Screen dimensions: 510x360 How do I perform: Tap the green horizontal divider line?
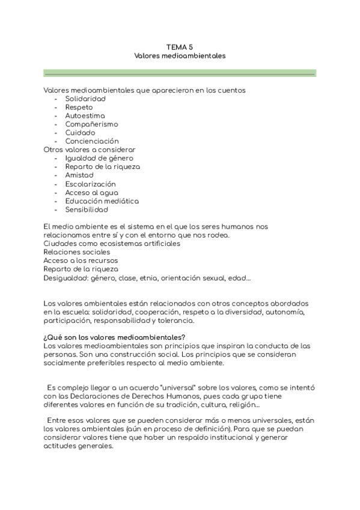(179, 74)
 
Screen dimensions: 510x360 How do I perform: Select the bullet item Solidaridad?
(85, 99)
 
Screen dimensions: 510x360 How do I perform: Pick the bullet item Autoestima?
(85, 115)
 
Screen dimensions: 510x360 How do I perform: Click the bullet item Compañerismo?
(91, 124)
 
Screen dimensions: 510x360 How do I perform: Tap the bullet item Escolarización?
(91, 184)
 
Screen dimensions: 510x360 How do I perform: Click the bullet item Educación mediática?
(102, 201)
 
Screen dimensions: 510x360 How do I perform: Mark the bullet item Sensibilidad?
(87, 210)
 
